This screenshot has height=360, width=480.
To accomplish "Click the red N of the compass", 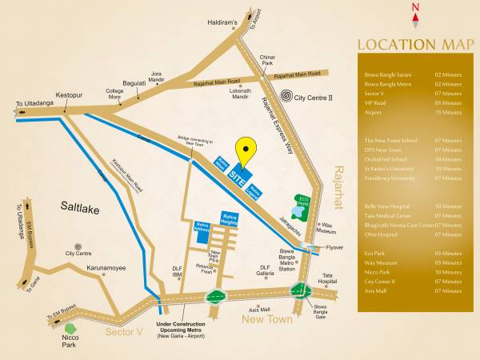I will tap(414, 10).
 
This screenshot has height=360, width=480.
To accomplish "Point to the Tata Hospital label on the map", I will tap(327, 279).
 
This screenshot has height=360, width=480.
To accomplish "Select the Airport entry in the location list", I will tap(372, 113).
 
